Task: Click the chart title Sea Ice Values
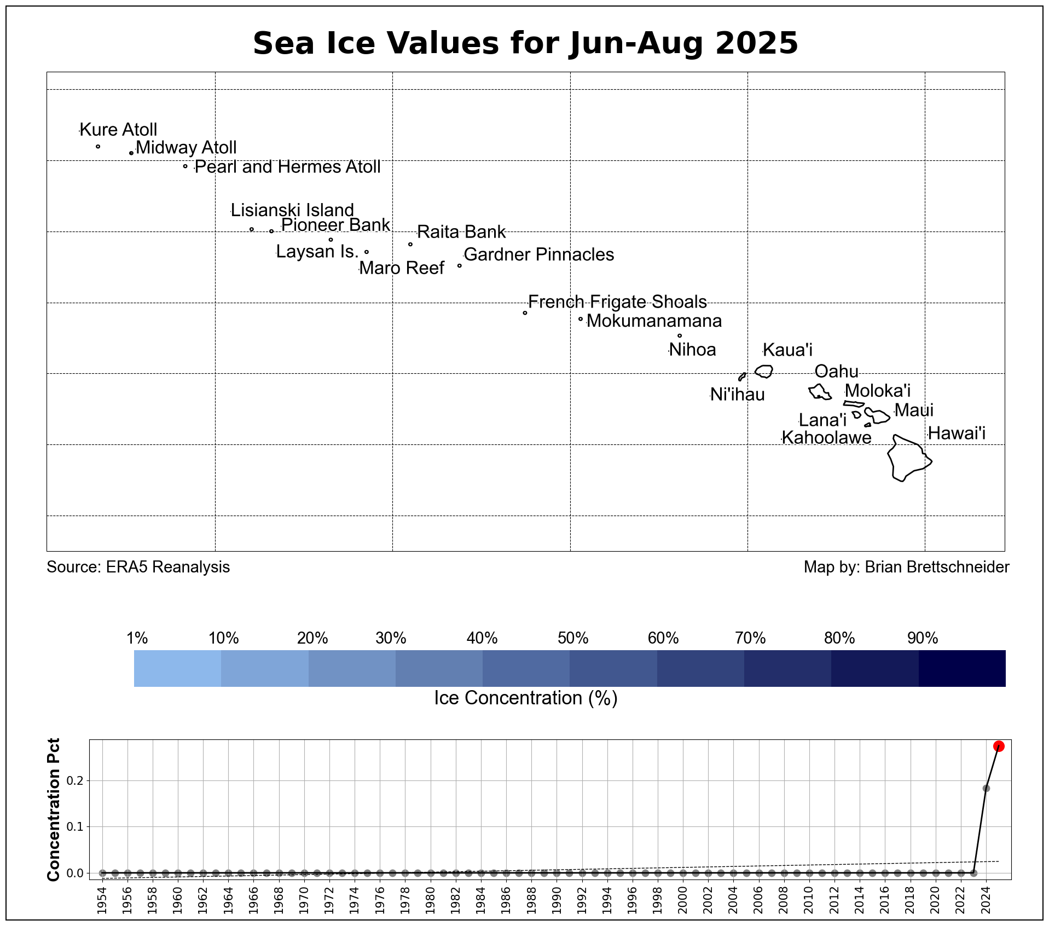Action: [x=525, y=43]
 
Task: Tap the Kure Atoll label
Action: [x=118, y=130]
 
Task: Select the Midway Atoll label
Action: [x=186, y=148]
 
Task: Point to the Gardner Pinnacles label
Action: [x=538, y=254]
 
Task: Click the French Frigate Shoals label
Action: [x=617, y=302]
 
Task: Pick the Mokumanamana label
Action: [x=654, y=321]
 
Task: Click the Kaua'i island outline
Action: [x=764, y=371]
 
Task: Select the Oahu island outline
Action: [x=820, y=392]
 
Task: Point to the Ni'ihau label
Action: [x=737, y=395]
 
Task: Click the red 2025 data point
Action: [x=999, y=746]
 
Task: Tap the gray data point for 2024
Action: [x=986, y=788]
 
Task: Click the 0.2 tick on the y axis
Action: [x=75, y=780]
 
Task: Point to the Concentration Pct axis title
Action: [x=54, y=809]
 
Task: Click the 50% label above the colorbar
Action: [x=573, y=638]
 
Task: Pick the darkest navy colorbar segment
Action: [x=962, y=668]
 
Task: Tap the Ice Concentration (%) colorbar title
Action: [x=525, y=698]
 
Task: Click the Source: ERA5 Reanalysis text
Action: [x=138, y=567]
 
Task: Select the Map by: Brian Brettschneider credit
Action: [x=906, y=567]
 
